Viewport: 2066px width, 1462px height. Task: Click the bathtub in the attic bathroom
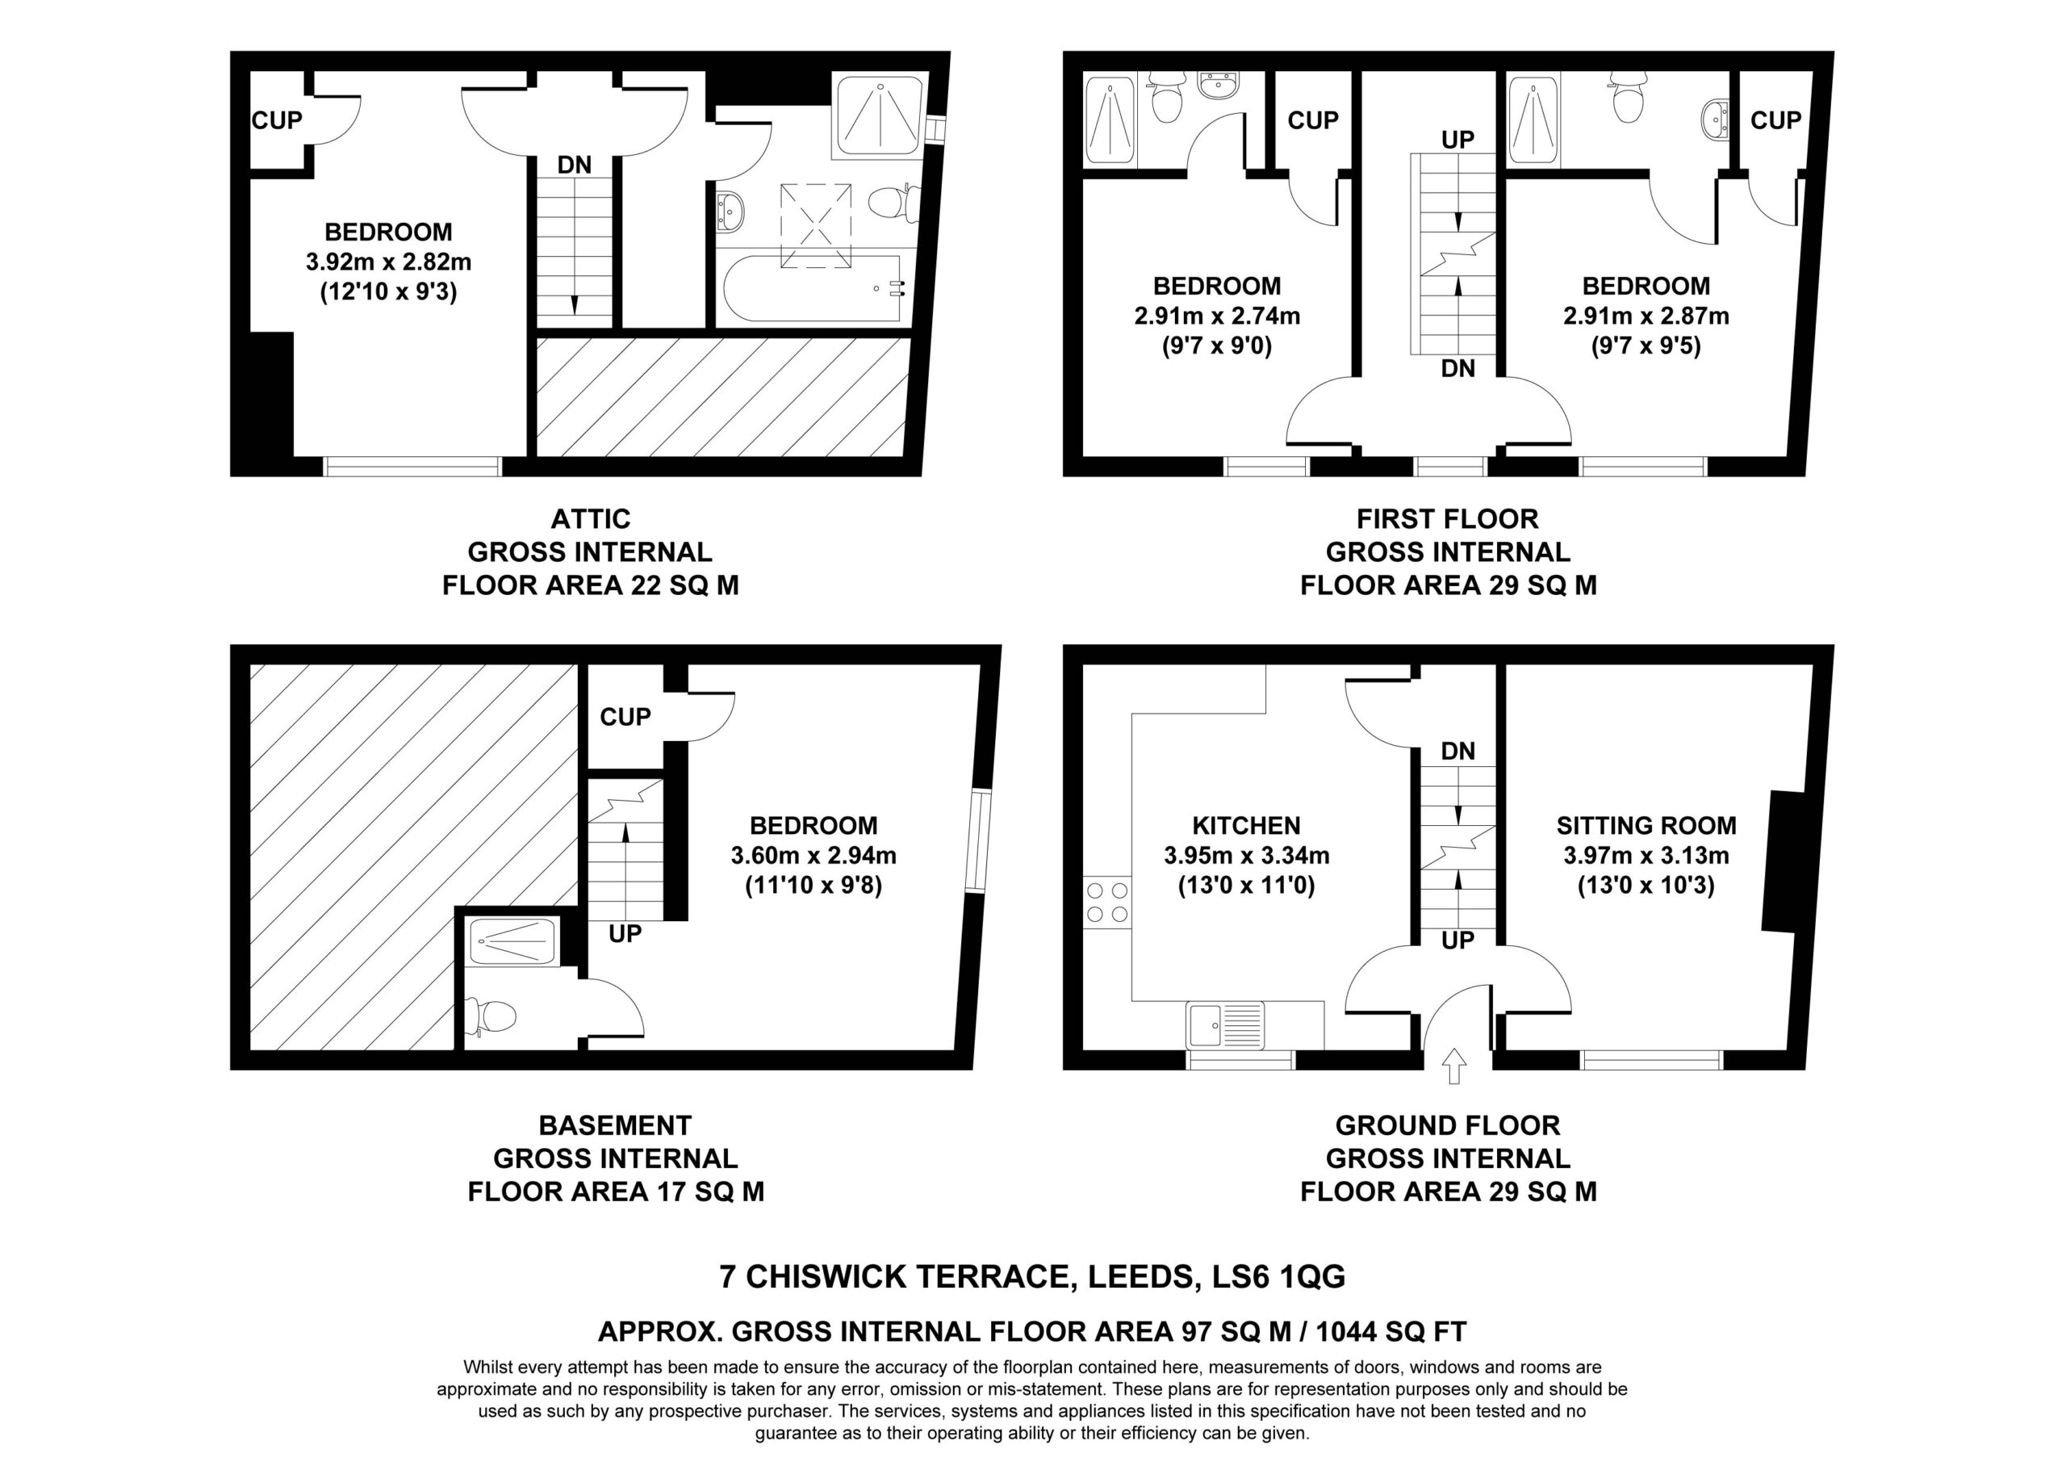(811, 288)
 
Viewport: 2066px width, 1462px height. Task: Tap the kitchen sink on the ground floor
(1226, 1024)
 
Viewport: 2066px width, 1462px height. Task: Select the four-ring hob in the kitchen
(1106, 902)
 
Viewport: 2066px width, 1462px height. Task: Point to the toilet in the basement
(490, 1016)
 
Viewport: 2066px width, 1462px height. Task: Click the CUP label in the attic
(277, 119)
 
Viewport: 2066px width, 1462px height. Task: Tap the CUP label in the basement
(625, 717)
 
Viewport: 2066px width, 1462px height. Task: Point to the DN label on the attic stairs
(574, 165)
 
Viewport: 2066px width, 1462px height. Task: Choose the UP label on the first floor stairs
(1457, 140)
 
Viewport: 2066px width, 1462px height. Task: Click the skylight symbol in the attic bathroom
(815, 225)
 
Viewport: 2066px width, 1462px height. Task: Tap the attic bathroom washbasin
(730, 211)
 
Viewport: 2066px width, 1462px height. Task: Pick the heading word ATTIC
(590, 518)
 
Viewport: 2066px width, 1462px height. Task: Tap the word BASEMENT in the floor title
(616, 1125)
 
